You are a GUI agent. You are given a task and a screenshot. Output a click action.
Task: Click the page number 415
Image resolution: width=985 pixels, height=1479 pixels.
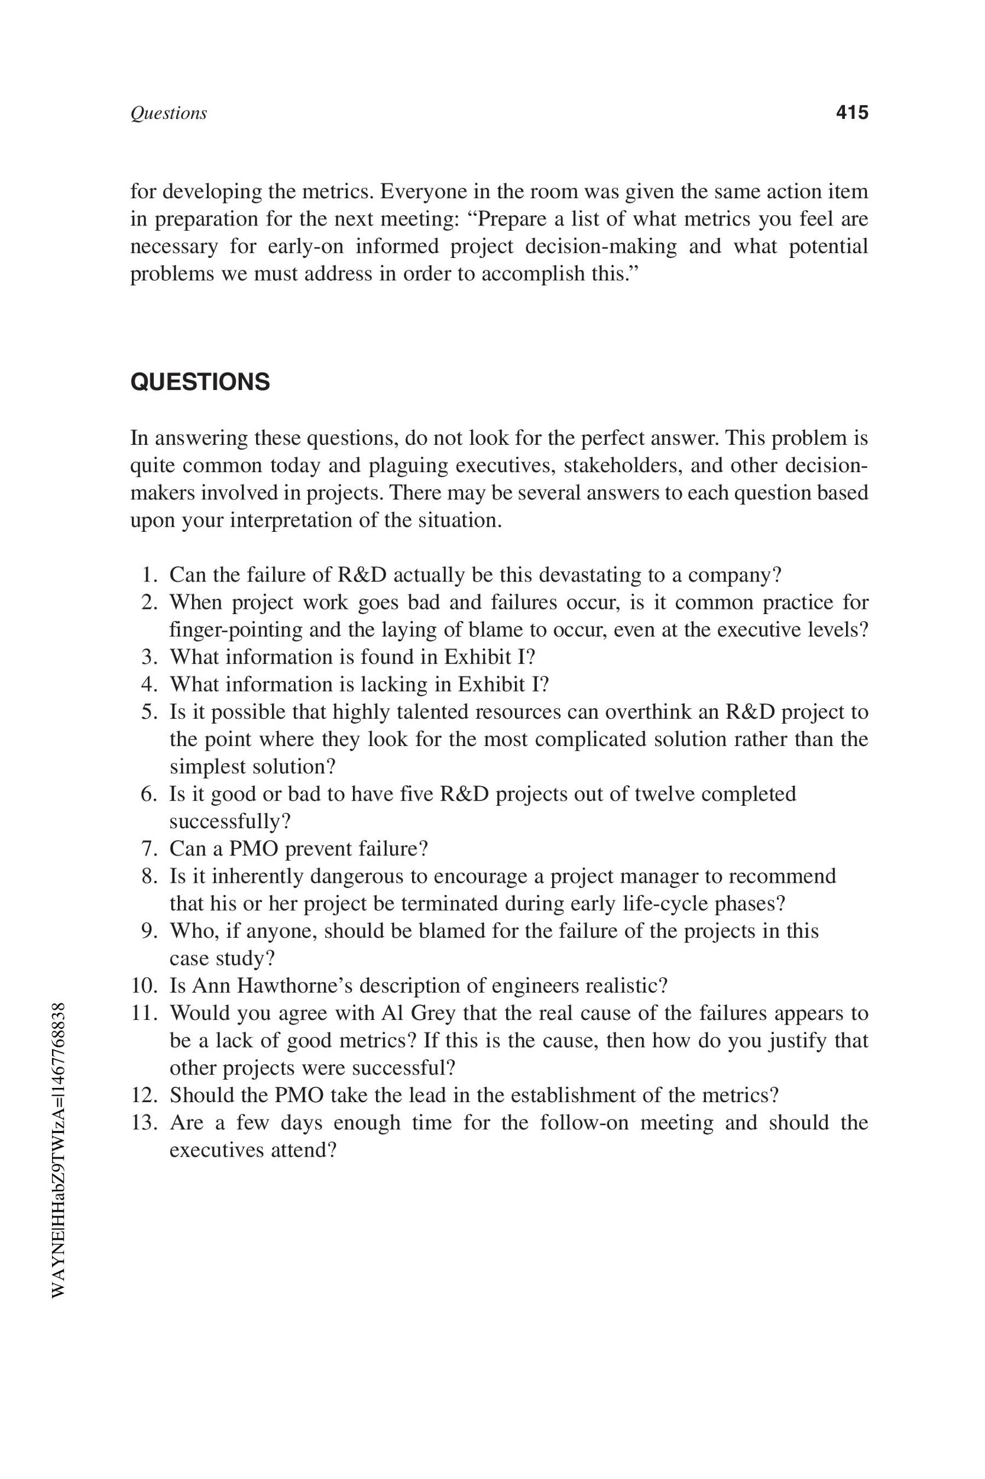(852, 112)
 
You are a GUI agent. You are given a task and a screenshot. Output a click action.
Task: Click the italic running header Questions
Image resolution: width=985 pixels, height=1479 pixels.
(169, 113)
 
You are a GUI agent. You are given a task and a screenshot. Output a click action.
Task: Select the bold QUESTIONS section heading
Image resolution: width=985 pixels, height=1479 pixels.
(200, 382)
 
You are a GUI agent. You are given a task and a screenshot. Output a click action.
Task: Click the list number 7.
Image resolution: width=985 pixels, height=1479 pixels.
(150, 848)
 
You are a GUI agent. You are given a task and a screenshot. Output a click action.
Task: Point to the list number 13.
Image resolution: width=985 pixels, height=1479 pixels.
(144, 1122)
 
